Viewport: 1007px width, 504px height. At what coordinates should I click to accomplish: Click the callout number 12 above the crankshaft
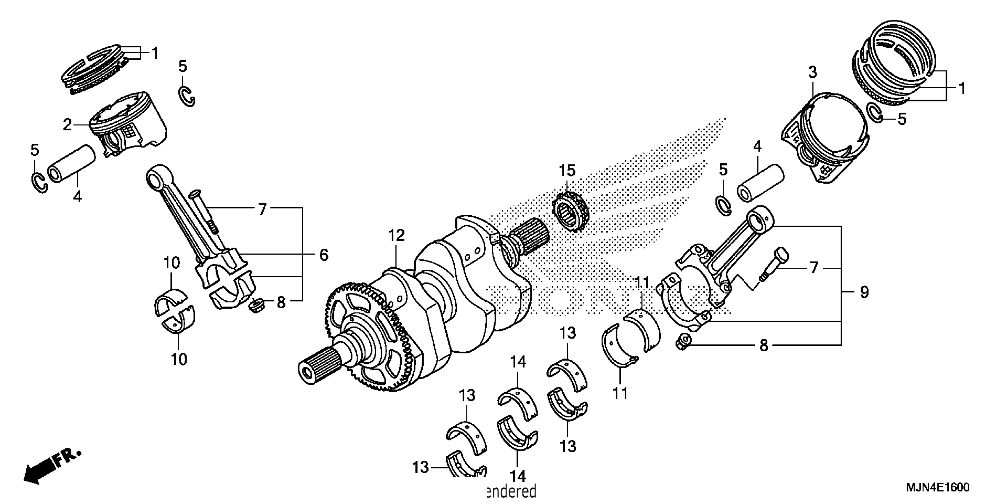pyautogui.click(x=396, y=236)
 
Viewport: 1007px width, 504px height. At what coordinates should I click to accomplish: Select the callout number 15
pyautogui.click(x=567, y=171)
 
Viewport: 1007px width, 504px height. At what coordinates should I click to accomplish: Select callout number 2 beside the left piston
pyautogui.click(x=67, y=125)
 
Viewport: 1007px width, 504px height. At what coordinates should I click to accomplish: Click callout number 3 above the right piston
pyautogui.click(x=813, y=72)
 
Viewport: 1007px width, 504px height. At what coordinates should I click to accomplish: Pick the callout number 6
pyautogui.click(x=324, y=255)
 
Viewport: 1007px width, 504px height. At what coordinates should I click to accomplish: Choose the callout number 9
pyautogui.click(x=864, y=292)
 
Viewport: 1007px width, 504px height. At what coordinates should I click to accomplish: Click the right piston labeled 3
pyautogui.click(x=825, y=141)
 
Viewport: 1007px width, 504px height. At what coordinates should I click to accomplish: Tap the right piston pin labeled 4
pyautogui.click(x=760, y=183)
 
